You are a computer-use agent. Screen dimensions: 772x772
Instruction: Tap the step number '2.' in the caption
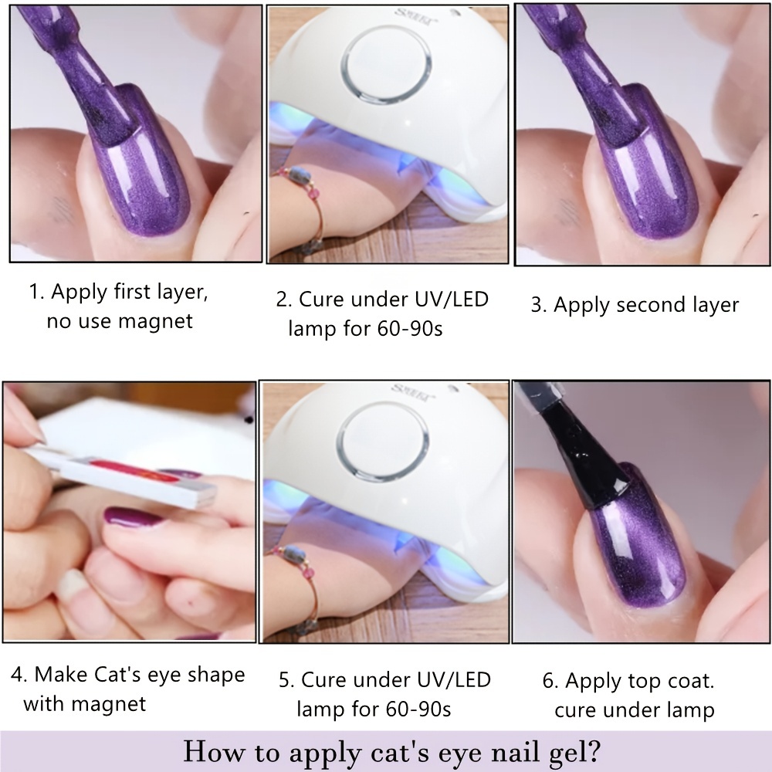click(x=284, y=300)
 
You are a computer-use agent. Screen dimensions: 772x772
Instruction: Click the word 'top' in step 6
click(x=645, y=682)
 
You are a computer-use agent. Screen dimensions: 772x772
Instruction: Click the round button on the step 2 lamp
click(x=386, y=66)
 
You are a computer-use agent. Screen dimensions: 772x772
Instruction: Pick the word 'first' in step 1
click(x=134, y=291)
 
